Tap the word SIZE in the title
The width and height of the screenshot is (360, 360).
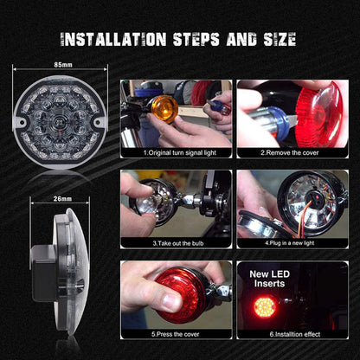(276, 39)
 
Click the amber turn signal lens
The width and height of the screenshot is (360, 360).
(162, 108)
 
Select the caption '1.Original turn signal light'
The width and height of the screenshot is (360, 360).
(176, 151)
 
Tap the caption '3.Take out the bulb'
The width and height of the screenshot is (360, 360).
(176, 242)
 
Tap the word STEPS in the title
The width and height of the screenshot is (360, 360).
(202, 39)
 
